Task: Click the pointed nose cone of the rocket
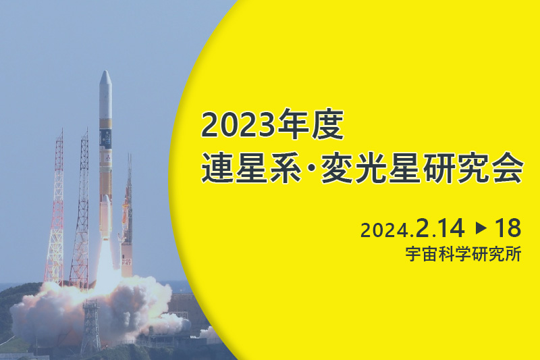click(105, 78)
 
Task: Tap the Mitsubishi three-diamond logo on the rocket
click(108, 158)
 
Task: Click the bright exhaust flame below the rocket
click(105, 262)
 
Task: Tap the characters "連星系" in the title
click(250, 168)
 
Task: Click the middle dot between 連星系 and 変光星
click(310, 168)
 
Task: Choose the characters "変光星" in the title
click(369, 168)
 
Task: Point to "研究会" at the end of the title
click(473, 168)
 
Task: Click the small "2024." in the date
click(387, 230)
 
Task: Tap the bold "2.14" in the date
click(440, 228)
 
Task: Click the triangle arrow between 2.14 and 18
click(481, 228)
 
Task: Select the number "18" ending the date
click(508, 228)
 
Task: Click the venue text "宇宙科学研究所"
click(463, 254)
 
